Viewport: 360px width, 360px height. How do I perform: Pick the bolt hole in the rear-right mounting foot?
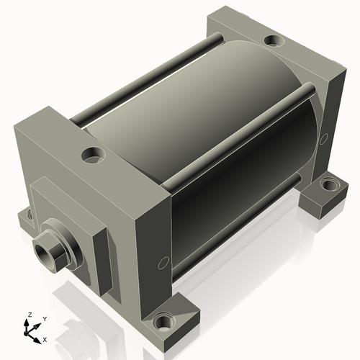tap(328, 185)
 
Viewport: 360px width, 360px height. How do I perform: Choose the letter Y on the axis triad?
tap(44, 318)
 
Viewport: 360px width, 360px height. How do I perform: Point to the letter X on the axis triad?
tap(44, 338)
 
